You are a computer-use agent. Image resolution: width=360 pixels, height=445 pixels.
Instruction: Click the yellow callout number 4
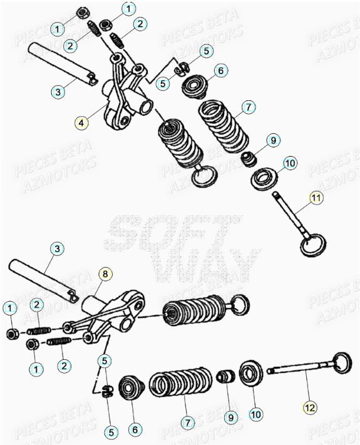80,123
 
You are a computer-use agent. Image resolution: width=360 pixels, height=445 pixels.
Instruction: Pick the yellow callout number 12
309,407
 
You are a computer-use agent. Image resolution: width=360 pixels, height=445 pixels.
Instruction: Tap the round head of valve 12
341,361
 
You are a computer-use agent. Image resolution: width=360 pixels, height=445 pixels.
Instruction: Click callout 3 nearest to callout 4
57,92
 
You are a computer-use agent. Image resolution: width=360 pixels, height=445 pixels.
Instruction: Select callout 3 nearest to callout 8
56,249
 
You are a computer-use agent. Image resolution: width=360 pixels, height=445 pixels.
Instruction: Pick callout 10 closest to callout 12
257,414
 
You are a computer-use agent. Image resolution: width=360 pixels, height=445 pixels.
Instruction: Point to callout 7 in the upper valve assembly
247,108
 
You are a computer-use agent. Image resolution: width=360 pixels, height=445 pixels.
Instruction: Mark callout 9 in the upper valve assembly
274,141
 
